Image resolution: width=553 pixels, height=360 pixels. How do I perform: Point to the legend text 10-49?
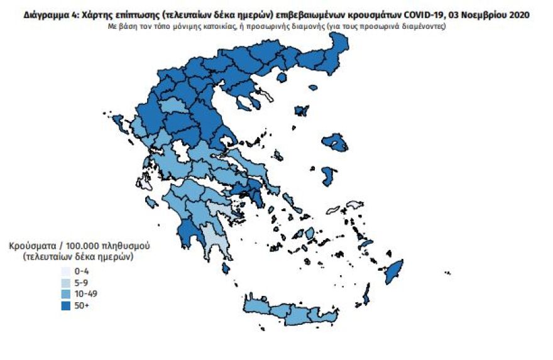click(85, 293)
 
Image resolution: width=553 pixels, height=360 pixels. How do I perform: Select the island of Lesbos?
click(335, 143)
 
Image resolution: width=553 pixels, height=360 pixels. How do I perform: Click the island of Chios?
click(327, 175)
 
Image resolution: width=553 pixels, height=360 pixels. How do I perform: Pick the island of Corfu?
click(119, 123)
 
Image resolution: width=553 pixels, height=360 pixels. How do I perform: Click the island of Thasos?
click(281, 77)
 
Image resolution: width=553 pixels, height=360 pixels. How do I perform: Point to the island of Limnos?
click(302, 111)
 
